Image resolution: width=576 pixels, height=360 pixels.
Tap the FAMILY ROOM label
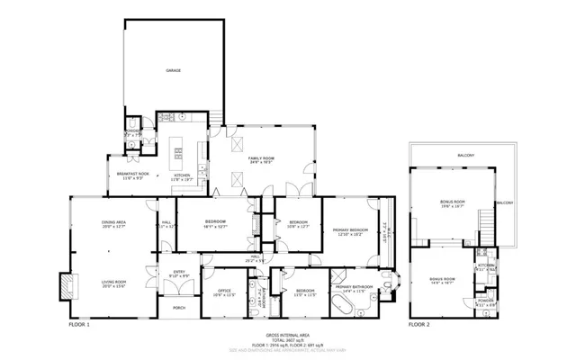[261, 157]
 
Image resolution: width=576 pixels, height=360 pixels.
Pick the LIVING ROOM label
[113, 282]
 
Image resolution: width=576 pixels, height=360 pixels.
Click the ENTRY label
[178, 272]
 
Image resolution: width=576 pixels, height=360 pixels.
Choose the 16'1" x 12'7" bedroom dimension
[215, 226]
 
